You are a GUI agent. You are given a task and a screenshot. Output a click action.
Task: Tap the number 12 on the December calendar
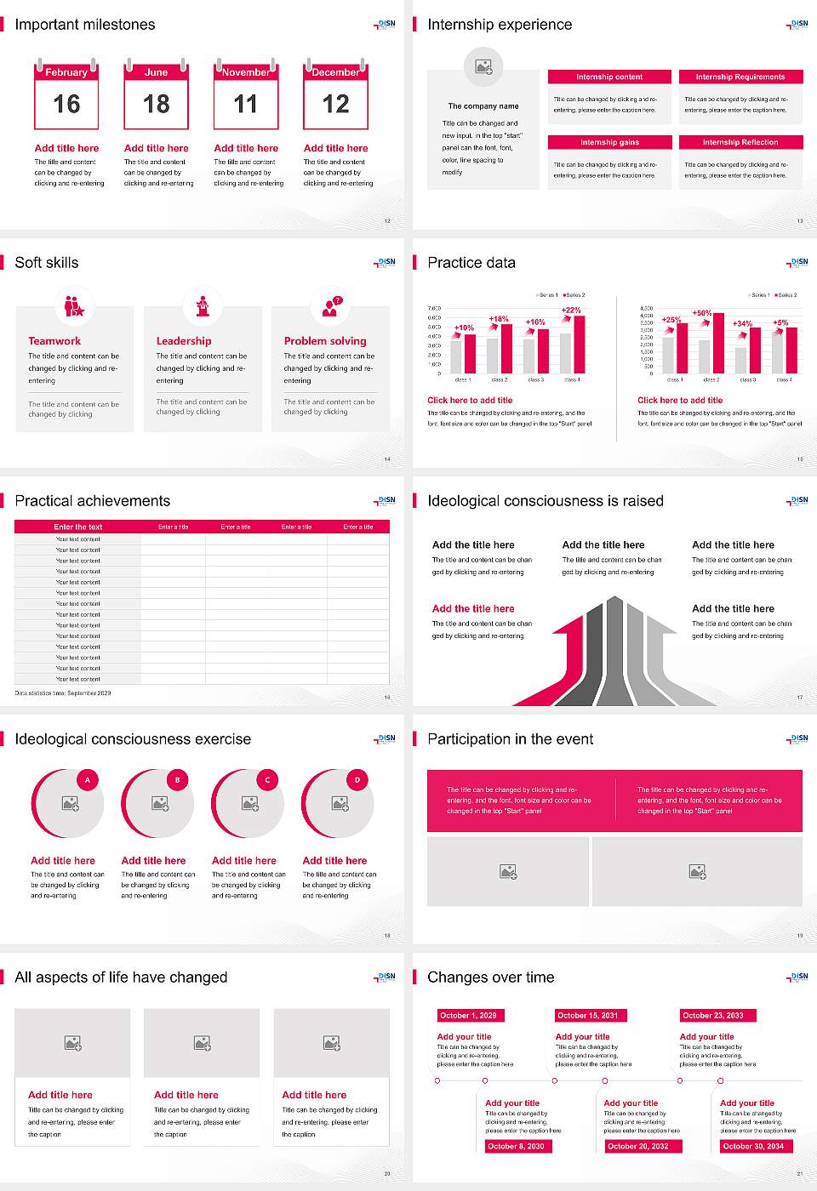[x=335, y=105]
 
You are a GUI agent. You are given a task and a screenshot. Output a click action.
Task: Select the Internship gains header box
[x=609, y=142]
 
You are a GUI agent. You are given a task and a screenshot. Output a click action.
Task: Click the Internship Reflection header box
[x=740, y=142]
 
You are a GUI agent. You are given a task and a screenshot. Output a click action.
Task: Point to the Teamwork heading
[x=54, y=340]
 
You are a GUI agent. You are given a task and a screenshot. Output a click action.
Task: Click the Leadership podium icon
[x=203, y=305]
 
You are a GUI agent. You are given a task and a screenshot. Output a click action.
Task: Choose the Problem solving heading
[x=325, y=340]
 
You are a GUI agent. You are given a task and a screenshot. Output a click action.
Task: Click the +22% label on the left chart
[x=571, y=310]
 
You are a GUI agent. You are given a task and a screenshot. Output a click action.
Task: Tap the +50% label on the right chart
[x=701, y=313]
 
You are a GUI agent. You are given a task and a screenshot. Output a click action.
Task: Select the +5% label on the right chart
[x=780, y=322]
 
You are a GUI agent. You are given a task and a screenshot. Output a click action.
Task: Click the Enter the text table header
[x=77, y=527]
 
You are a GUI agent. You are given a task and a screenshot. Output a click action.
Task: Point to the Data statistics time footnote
[x=63, y=693]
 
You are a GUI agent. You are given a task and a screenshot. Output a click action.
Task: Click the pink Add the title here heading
[x=473, y=608]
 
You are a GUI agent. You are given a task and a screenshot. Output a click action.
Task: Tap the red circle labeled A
[x=88, y=779]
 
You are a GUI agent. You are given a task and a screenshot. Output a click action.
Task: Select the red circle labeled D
[x=357, y=779]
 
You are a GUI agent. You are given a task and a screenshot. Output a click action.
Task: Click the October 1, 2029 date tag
[x=468, y=1015]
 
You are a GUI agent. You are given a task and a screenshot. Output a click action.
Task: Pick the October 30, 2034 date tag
[x=752, y=1146]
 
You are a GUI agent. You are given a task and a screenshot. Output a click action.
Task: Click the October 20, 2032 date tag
[x=637, y=1146]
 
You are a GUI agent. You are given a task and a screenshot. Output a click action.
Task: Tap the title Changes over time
[x=490, y=977]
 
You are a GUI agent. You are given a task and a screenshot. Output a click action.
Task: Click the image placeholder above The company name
[x=483, y=66]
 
